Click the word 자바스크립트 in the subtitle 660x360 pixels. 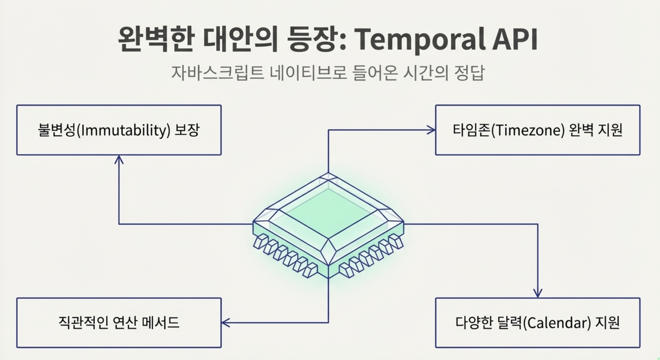click(217, 73)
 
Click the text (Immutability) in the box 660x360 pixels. click(123, 130)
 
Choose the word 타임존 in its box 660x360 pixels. click(472, 130)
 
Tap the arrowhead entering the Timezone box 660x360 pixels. click(431, 130)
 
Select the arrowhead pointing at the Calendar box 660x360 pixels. click(537, 293)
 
